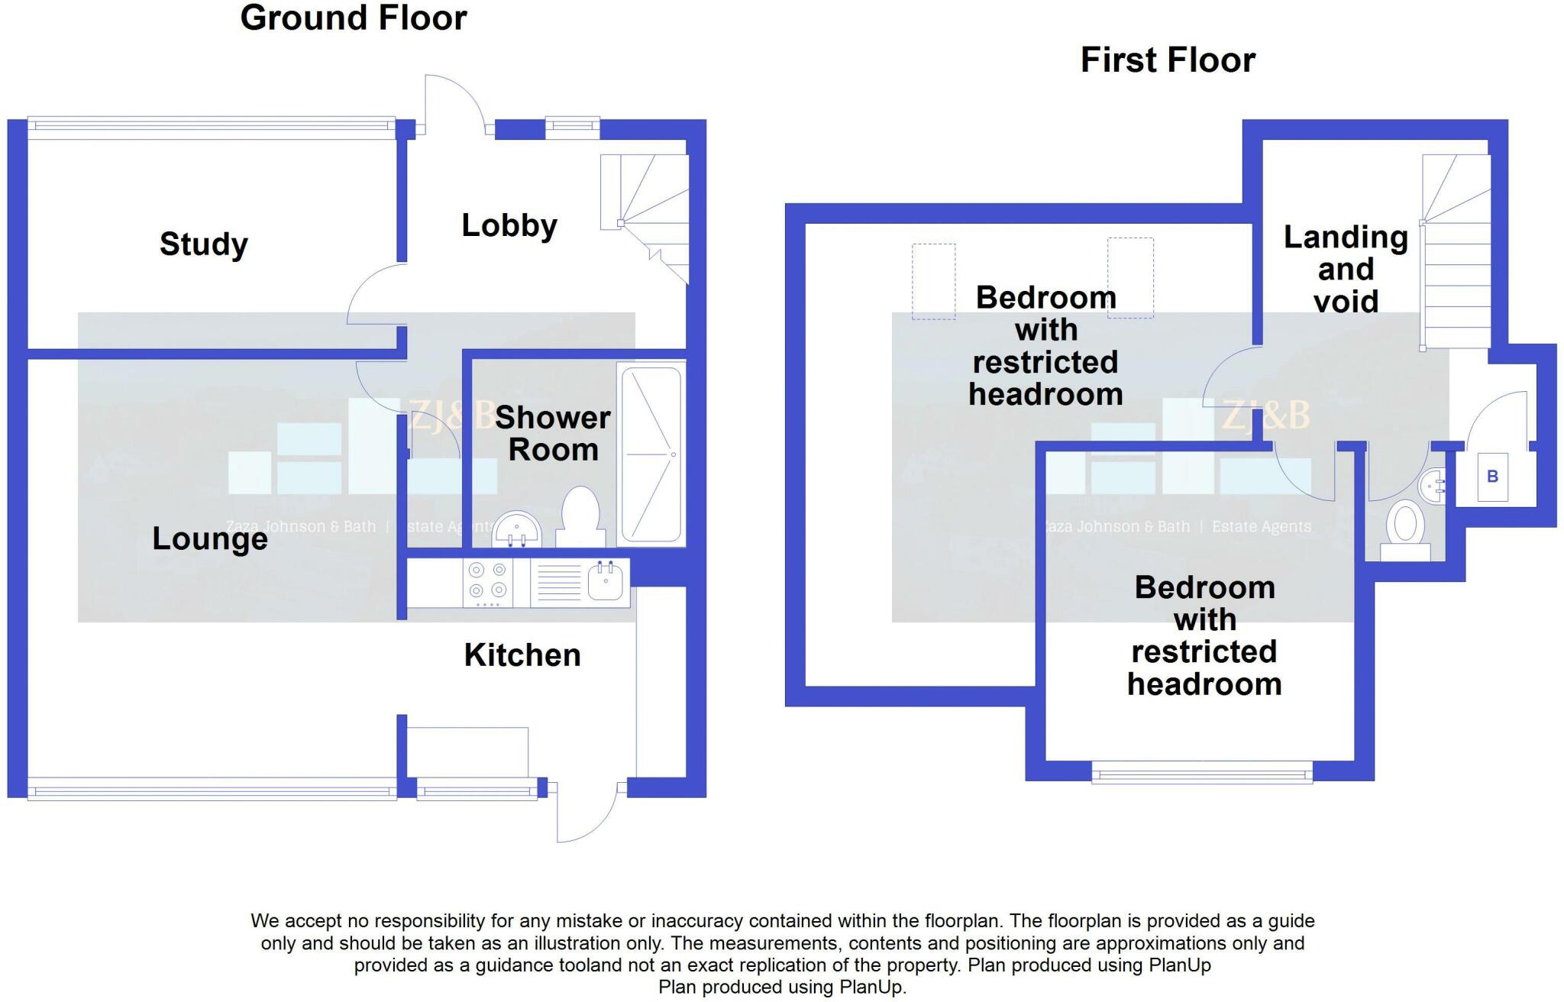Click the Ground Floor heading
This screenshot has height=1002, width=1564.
click(353, 18)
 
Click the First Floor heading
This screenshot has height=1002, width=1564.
click(1167, 60)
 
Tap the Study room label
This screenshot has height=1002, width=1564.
click(203, 244)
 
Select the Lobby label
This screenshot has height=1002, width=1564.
click(509, 225)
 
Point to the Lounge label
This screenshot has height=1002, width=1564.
click(210, 539)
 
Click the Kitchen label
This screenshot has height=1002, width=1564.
click(522, 655)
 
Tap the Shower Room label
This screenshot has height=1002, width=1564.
click(552, 434)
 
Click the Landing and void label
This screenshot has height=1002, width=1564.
click(1346, 269)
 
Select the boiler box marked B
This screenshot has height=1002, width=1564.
click(1492, 477)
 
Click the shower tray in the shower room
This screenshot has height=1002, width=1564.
click(651, 455)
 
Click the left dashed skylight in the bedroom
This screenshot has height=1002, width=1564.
click(933, 281)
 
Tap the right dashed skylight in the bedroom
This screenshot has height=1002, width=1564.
click(1130, 277)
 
